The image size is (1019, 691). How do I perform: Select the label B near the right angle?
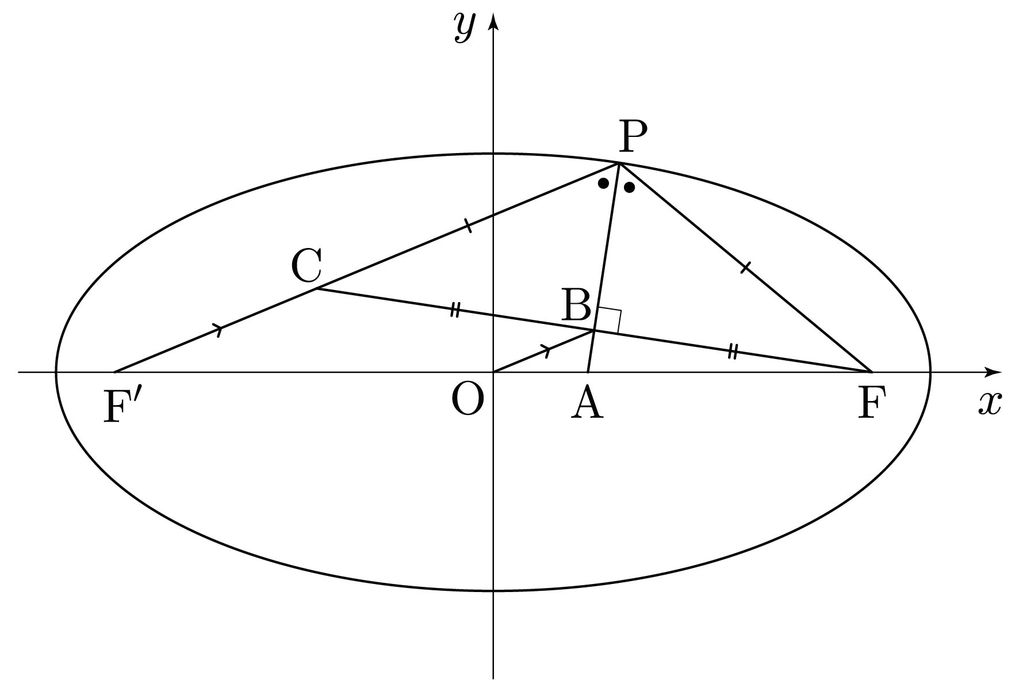pos(576,305)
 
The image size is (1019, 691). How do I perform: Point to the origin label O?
pos(467,400)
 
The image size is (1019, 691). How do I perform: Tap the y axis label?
pos(463,27)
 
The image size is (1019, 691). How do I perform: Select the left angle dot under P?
pos(603,184)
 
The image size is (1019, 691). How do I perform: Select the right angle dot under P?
pos(629,188)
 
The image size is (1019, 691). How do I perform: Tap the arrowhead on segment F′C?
pos(219,330)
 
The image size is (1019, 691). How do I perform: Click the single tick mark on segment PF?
pos(745,267)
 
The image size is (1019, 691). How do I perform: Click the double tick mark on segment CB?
pos(455,310)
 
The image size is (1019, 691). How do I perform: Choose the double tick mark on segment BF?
pos(733,350)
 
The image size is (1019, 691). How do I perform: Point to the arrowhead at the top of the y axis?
pos(493,22)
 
